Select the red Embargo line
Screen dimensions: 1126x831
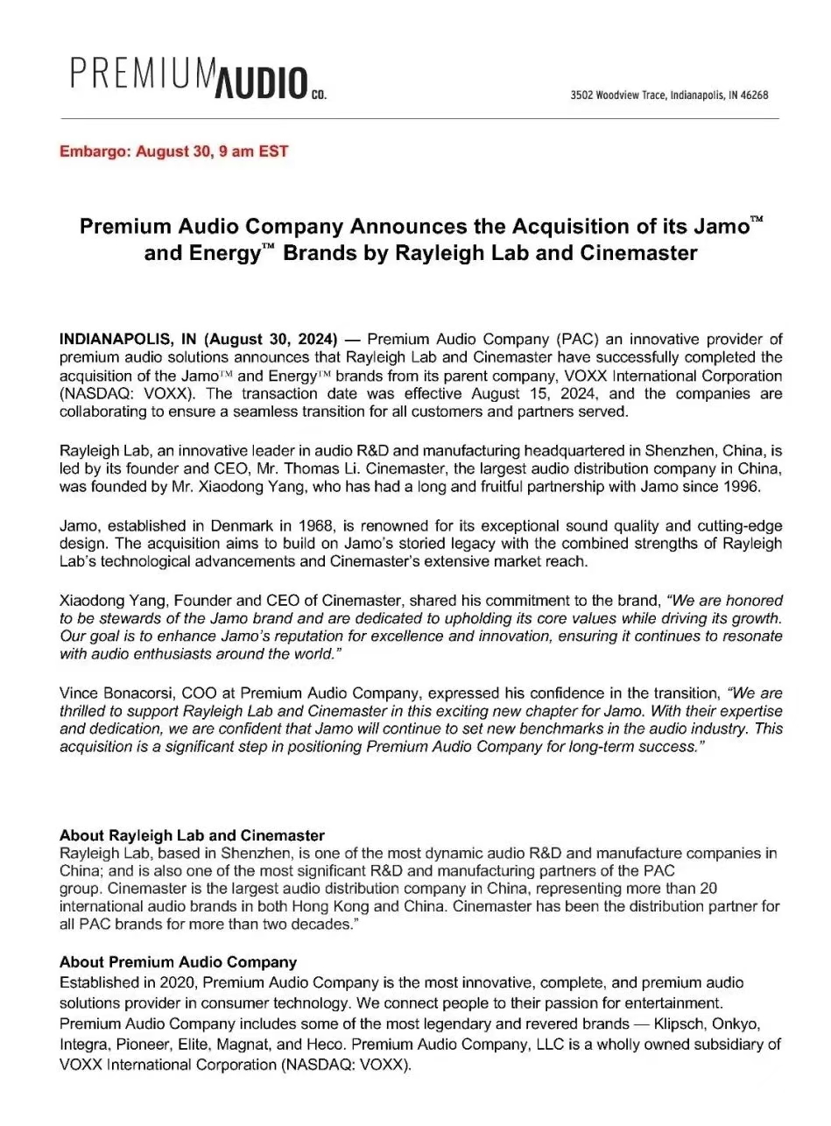[x=173, y=151]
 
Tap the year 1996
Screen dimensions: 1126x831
[x=757, y=488]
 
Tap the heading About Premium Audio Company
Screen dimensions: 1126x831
[x=178, y=962]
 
